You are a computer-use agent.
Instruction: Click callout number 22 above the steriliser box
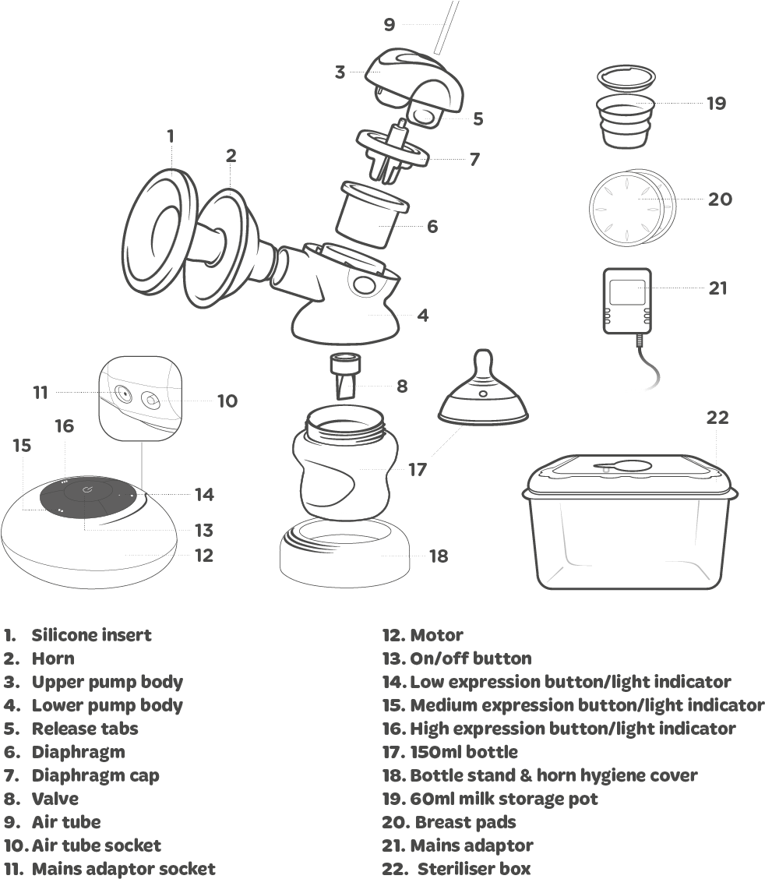coord(717,418)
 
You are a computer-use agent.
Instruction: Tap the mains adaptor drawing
coord(628,301)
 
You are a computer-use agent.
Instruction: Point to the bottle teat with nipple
coord(485,394)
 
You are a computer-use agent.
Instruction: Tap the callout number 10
coord(227,401)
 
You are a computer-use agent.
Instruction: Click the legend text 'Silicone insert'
coord(91,635)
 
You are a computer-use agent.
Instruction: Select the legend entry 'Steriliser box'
coord(474,868)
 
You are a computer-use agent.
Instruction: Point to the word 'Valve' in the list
coord(55,798)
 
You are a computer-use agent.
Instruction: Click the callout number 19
coord(716,103)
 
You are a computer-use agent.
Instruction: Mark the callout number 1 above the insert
coord(170,136)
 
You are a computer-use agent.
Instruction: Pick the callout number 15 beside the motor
coord(22,446)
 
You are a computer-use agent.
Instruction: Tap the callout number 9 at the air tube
coord(390,24)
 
